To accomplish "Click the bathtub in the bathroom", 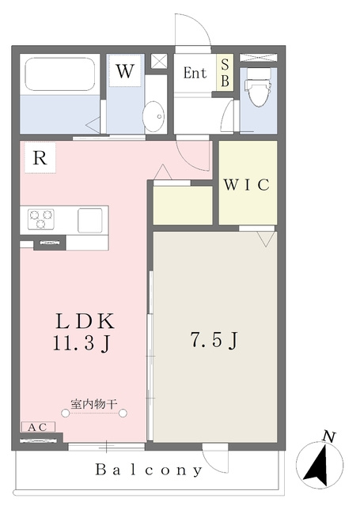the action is [x=60, y=74].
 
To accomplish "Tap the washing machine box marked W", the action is [x=125, y=70].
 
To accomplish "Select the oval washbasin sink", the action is [x=154, y=116].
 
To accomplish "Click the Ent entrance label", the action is [x=195, y=73].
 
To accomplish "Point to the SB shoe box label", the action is [x=225, y=73].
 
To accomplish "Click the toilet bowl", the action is [x=258, y=87].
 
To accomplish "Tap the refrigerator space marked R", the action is [x=40, y=158].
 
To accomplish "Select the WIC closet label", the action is [x=247, y=184].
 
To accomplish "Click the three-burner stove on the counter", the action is [x=40, y=219].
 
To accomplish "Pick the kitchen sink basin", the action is [x=89, y=221].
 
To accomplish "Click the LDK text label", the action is [x=85, y=321].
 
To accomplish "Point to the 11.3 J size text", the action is [x=81, y=343].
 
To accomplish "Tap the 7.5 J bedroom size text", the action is [x=214, y=341].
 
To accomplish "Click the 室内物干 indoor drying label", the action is [x=93, y=404].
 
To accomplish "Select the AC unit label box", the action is [x=38, y=427].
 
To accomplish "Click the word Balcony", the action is [x=149, y=470].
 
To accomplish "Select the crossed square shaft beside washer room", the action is [x=159, y=61].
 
